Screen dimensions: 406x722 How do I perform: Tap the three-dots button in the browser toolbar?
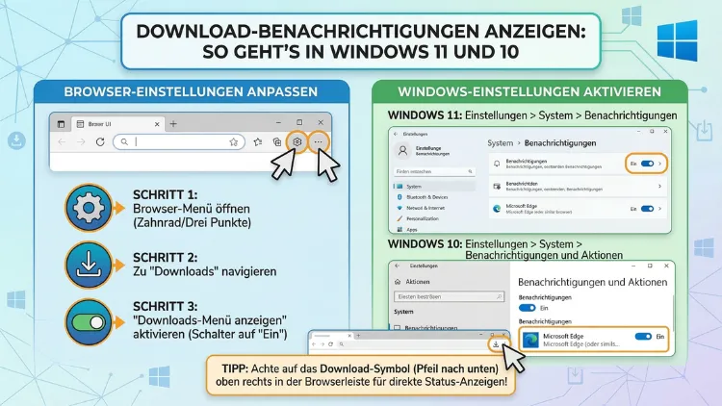[x=320, y=141]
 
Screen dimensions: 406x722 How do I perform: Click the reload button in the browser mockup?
[x=99, y=141]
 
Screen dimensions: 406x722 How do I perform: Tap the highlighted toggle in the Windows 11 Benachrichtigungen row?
[x=649, y=164]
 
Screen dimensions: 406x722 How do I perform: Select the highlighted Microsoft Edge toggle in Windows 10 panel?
[x=644, y=338]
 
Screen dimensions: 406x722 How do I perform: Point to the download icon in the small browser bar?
[x=495, y=343]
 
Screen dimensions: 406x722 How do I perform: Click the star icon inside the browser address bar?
[x=234, y=141]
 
